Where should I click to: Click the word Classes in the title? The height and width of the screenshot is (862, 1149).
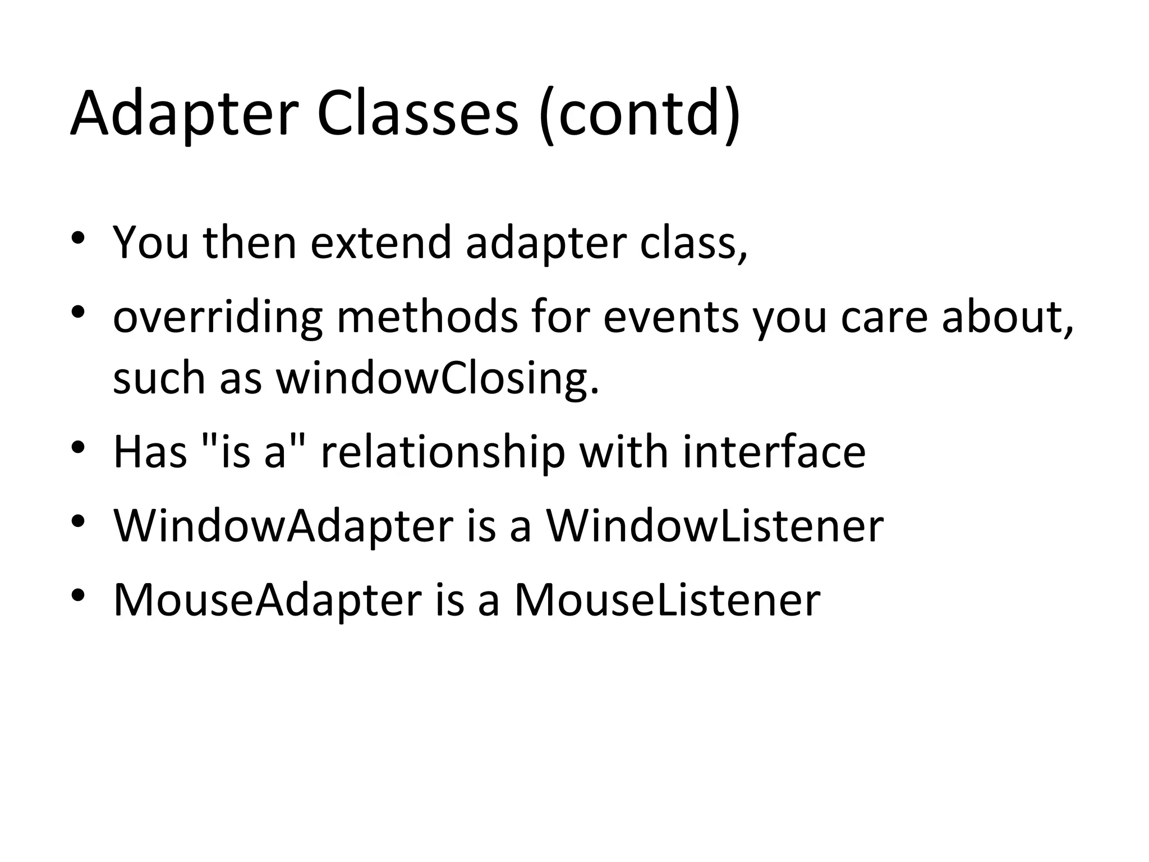tap(417, 114)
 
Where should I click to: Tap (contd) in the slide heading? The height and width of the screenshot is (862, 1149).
tap(639, 114)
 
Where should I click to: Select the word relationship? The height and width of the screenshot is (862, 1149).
tap(443, 452)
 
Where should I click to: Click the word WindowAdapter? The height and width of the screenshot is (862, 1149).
tap(283, 527)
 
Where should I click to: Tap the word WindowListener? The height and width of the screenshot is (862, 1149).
tap(715, 526)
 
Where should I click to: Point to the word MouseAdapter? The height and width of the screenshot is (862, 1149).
tap(268, 600)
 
